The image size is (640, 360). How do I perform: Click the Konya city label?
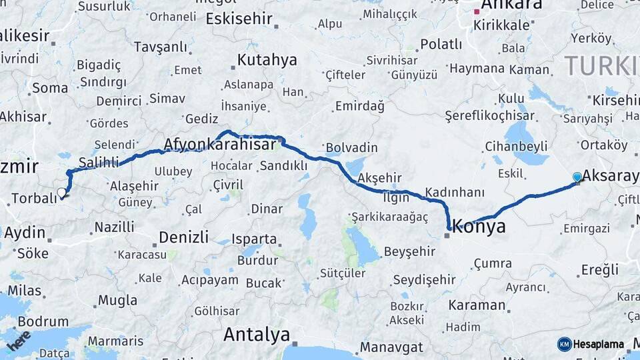click(x=479, y=226)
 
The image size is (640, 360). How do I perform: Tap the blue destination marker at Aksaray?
click(x=577, y=177)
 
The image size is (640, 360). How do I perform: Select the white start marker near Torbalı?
click(x=61, y=193)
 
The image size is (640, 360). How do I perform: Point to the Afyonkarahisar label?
click(x=219, y=145)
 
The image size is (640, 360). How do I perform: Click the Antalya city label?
click(x=257, y=334)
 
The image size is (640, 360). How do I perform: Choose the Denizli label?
click(x=183, y=237)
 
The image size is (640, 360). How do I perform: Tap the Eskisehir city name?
click(x=239, y=19)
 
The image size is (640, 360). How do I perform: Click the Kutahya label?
click(x=267, y=60)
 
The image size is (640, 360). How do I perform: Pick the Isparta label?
click(x=255, y=239)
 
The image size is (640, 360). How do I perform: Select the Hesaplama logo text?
click(x=599, y=345)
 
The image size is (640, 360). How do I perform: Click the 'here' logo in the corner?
click(x=19, y=340)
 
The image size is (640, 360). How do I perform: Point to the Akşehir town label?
click(x=380, y=177)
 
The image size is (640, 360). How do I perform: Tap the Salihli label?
click(x=98, y=162)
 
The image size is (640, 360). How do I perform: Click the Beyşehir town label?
click(x=411, y=252)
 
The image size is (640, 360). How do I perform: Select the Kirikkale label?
click(x=501, y=25)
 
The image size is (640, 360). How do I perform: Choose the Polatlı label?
click(x=441, y=44)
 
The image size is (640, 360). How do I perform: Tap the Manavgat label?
click(x=391, y=347)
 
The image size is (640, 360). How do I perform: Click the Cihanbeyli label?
click(x=516, y=146)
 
